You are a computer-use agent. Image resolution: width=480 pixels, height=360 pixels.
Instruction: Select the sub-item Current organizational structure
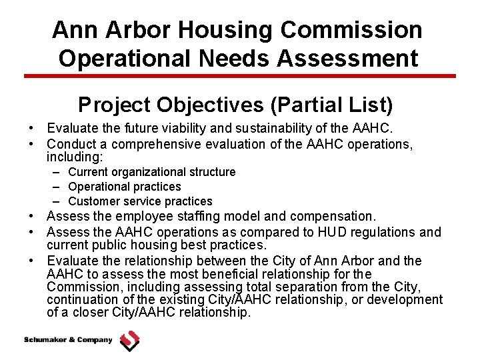click(151, 172)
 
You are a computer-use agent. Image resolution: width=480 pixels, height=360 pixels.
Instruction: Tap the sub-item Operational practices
click(124, 187)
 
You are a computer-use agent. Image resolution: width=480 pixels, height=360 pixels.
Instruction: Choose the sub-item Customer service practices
click(140, 201)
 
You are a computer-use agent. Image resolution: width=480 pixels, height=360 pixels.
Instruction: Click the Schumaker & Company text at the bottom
click(68, 340)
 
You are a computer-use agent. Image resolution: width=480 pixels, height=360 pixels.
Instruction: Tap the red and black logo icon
click(129, 341)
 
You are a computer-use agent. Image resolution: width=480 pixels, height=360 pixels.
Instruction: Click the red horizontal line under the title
click(240, 76)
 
